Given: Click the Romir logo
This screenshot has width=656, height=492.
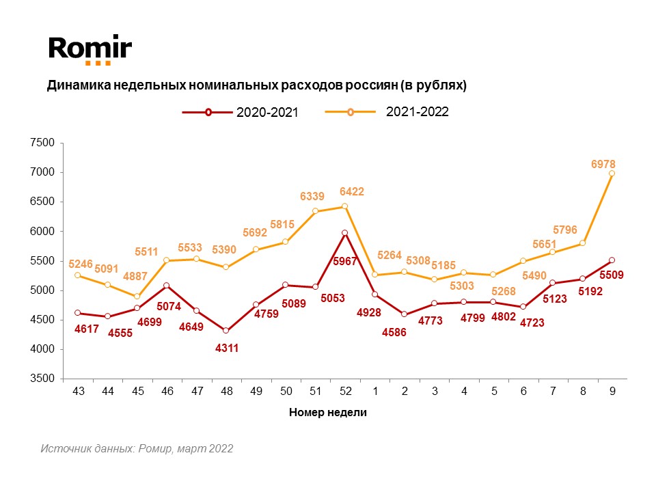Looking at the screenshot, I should [x=90, y=49].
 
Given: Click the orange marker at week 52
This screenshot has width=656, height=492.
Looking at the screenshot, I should [x=344, y=206].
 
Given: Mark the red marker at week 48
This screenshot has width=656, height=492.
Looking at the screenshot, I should [x=226, y=331].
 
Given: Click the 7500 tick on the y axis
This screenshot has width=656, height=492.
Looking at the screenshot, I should [x=42, y=143].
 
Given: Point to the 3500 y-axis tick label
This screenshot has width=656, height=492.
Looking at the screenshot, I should [x=42, y=379].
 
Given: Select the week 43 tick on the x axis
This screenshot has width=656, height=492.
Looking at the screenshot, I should [x=78, y=392].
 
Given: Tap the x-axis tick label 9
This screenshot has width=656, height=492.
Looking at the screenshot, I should [x=611, y=392].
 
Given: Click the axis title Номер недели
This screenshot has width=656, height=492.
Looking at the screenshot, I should [x=328, y=412].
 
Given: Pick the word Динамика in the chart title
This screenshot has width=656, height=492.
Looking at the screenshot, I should [x=74, y=85].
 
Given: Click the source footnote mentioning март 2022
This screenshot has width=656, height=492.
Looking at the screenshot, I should [x=137, y=449].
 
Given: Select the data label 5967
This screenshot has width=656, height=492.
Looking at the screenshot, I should [x=345, y=261].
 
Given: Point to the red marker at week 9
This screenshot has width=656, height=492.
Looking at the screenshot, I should [x=612, y=260].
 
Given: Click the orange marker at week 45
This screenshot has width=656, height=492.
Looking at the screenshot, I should [x=137, y=297].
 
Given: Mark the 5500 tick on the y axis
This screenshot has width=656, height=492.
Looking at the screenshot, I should [x=42, y=261].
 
